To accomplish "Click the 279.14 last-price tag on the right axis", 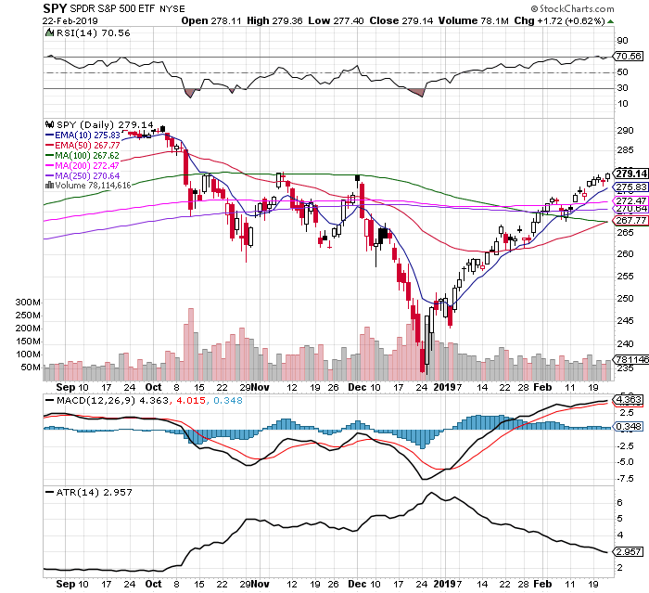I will (630, 174).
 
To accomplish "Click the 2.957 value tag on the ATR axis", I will (630, 553).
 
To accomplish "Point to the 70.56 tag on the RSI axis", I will (630, 57).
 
